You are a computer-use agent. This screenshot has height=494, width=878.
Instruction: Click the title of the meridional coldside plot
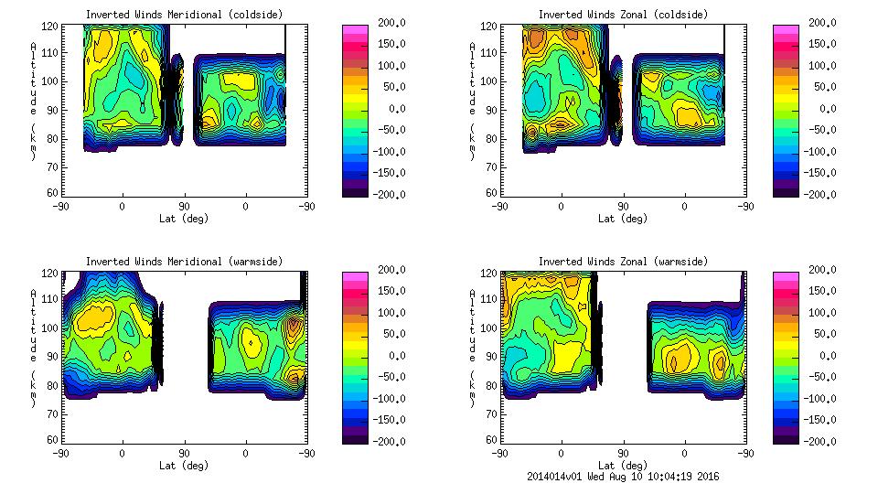[x=183, y=15]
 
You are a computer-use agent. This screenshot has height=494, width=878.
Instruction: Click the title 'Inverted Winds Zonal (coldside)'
[x=623, y=15]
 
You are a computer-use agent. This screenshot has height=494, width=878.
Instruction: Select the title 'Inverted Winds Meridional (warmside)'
[x=183, y=262]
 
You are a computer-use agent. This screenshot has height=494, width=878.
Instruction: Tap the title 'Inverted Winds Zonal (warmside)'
[x=623, y=262]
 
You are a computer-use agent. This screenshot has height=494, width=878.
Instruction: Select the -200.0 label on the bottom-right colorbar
[x=823, y=442]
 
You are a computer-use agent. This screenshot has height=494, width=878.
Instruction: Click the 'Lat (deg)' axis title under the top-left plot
[x=184, y=219]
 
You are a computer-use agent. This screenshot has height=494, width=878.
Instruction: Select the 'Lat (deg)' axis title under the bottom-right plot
[x=623, y=465]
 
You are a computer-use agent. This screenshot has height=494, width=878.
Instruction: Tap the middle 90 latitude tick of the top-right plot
[x=623, y=207]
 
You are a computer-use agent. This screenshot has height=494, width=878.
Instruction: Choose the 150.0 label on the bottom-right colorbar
[x=823, y=291]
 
